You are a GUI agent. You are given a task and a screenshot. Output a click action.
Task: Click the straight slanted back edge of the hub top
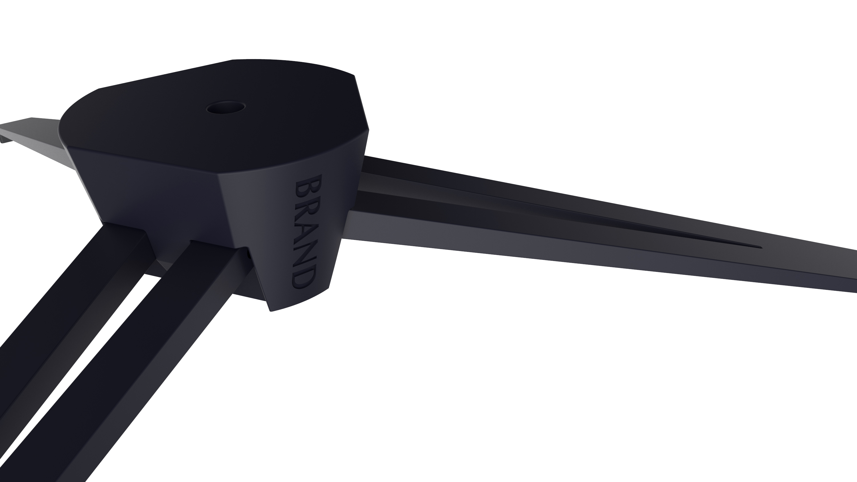[x=166, y=74]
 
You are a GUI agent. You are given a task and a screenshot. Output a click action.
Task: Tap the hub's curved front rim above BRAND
[x=299, y=163]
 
